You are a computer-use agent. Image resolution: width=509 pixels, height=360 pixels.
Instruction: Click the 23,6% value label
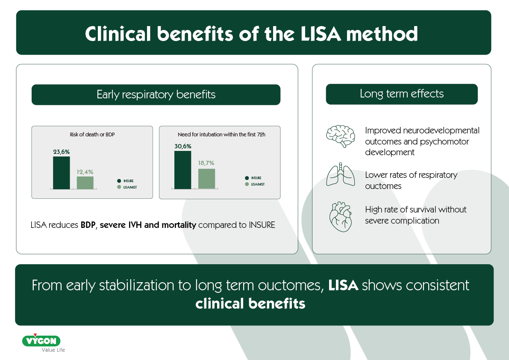(61, 152)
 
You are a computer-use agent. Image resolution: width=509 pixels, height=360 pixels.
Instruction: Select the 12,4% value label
(85, 172)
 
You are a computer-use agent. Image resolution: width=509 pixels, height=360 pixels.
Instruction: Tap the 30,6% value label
(182, 146)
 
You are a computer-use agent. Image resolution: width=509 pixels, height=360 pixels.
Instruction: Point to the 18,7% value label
(206, 163)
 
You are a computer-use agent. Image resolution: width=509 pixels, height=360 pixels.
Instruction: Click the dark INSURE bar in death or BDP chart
(61, 173)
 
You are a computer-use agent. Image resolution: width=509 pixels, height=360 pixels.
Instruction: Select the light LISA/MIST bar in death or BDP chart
(85, 183)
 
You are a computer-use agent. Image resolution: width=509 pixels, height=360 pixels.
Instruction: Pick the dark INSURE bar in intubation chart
(182, 170)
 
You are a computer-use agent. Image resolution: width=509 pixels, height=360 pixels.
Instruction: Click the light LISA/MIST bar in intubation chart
(206, 179)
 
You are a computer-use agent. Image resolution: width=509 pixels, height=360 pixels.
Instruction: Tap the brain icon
(341, 136)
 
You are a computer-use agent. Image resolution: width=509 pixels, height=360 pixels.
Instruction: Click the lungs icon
(341, 175)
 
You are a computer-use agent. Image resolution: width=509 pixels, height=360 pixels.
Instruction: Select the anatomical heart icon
(341, 216)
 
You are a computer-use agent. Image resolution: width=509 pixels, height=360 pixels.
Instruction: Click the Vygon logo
(41, 341)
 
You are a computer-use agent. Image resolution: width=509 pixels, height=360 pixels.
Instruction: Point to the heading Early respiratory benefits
(156, 94)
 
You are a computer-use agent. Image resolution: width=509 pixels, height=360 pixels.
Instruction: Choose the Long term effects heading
(401, 94)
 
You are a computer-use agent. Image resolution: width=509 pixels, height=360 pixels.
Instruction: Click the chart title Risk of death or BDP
(92, 135)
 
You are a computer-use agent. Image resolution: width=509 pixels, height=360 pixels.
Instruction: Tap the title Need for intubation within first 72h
(220, 135)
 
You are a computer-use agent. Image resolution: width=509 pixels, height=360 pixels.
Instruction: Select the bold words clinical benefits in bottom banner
(250, 304)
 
